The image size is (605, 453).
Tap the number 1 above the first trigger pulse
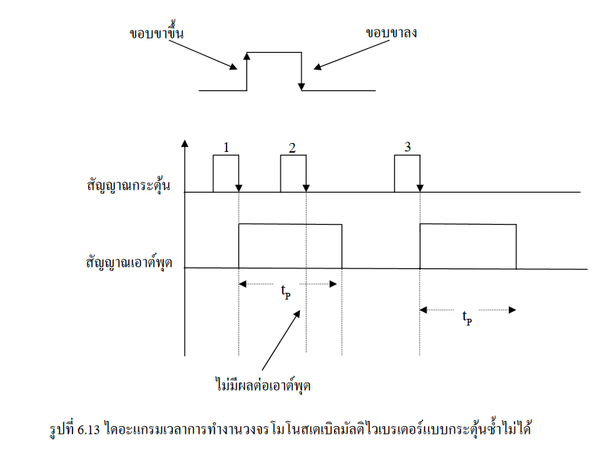tap(225, 147)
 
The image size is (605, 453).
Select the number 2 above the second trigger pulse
tap(293, 147)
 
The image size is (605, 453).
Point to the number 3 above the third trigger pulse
tap(407, 146)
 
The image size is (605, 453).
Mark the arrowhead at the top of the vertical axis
tap(184, 143)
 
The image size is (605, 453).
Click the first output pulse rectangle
tap(290, 245)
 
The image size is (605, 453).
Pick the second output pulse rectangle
tap(467, 245)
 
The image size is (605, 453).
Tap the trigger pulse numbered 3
tap(407, 173)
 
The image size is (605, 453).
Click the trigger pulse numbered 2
tap(293, 173)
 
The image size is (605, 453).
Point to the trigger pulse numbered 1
tap(226, 173)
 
